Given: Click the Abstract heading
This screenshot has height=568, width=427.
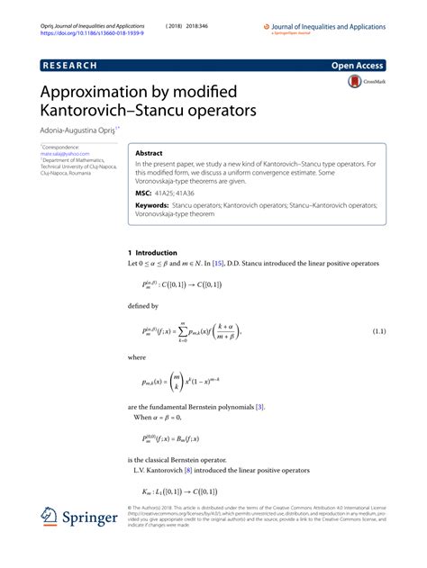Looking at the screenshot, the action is (x=149, y=154).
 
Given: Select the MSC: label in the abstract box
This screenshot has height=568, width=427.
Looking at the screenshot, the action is (x=145, y=192).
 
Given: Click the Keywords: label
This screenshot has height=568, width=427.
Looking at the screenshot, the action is (x=155, y=206).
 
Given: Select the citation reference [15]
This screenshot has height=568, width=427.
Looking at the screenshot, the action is (x=220, y=263).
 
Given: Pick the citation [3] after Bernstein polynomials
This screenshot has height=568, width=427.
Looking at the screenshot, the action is (x=259, y=408).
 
